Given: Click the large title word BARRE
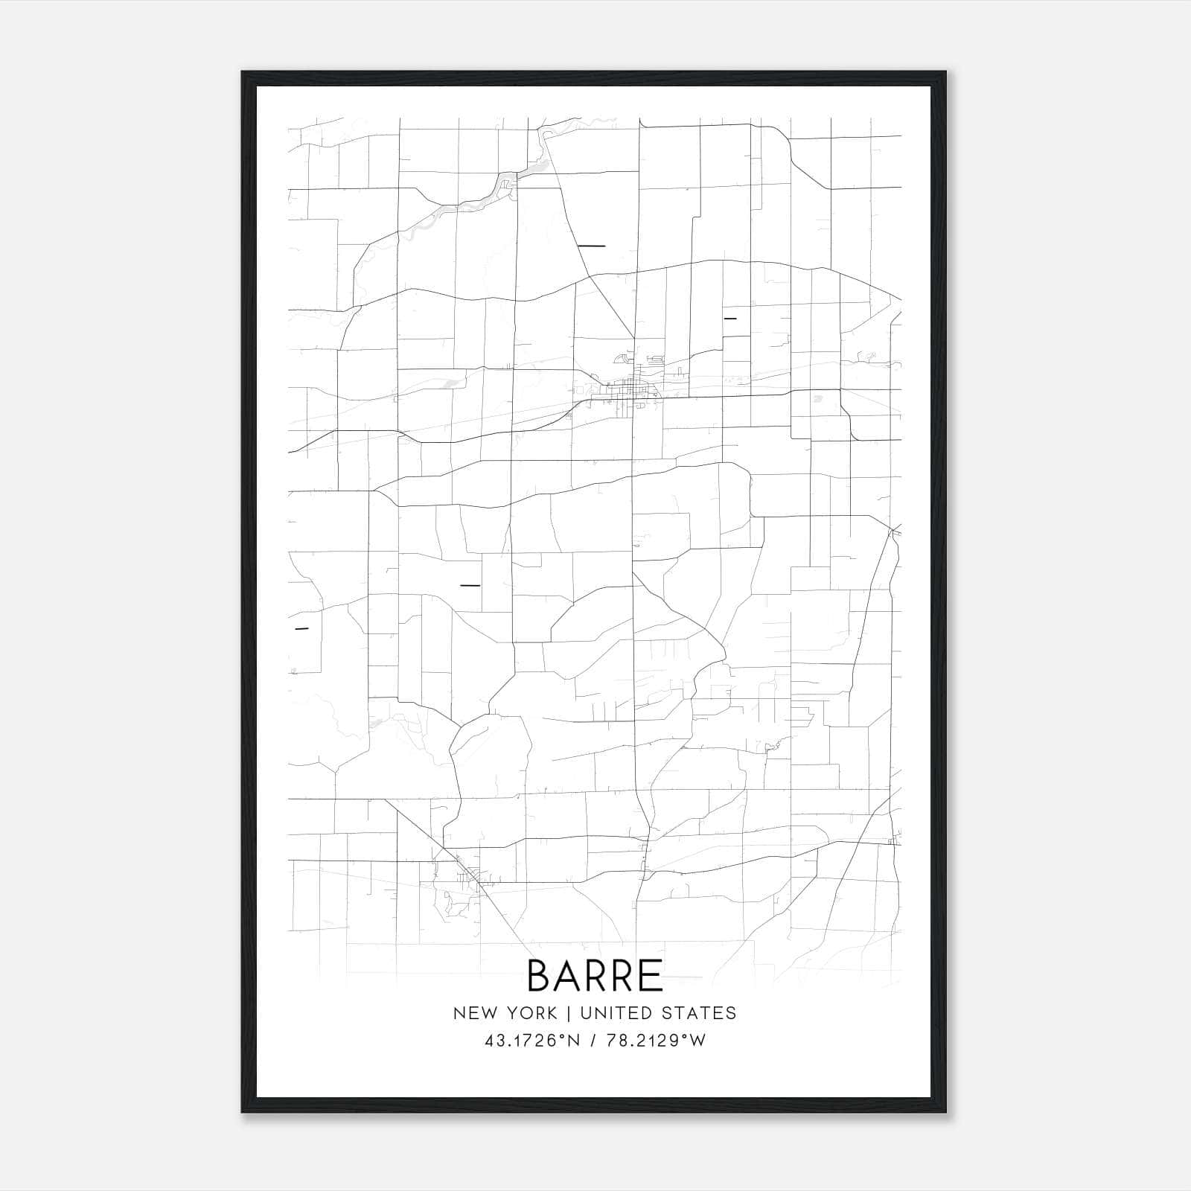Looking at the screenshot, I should (595, 975).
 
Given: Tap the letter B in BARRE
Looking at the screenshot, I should (540, 975).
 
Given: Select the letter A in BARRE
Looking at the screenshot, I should (568, 975).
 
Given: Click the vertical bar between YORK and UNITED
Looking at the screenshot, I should (569, 1013).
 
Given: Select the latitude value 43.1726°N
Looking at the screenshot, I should (531, 1041).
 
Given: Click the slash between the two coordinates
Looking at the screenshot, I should (593, 1041).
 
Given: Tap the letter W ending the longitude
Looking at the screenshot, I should (698, 1041).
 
